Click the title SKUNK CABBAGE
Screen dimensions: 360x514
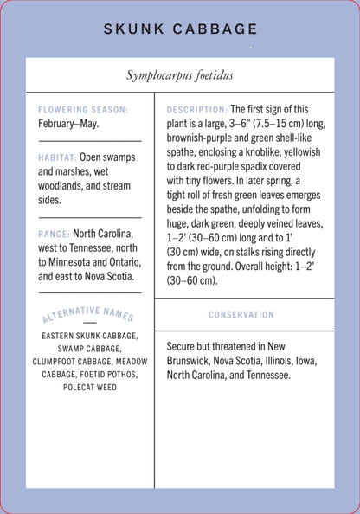click(180, 29)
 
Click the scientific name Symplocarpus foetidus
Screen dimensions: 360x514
click(180, 75)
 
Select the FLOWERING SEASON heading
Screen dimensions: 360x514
click(83, 110)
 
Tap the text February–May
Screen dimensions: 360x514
click(68, 124)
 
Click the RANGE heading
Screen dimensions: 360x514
click(54, 234)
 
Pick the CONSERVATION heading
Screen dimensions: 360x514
click(244, 314)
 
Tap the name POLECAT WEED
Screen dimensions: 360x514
click(90, 387)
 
